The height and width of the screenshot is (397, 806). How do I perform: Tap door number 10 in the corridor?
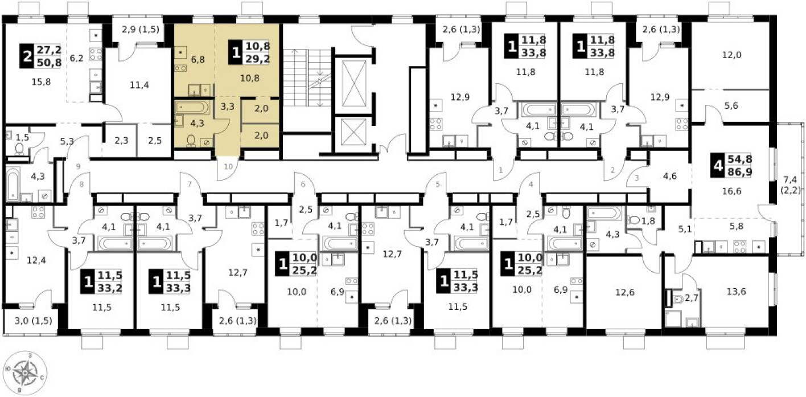(228, 166)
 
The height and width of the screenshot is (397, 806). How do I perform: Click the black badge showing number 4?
(718, 166)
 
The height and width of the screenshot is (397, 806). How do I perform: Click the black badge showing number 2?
(26, 56)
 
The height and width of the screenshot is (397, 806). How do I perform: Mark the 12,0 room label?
(730, 56)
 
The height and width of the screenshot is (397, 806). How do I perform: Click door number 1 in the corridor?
(500, 169)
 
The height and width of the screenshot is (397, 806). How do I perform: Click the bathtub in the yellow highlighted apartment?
(192, 107)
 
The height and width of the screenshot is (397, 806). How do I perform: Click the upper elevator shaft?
(354, 84)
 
